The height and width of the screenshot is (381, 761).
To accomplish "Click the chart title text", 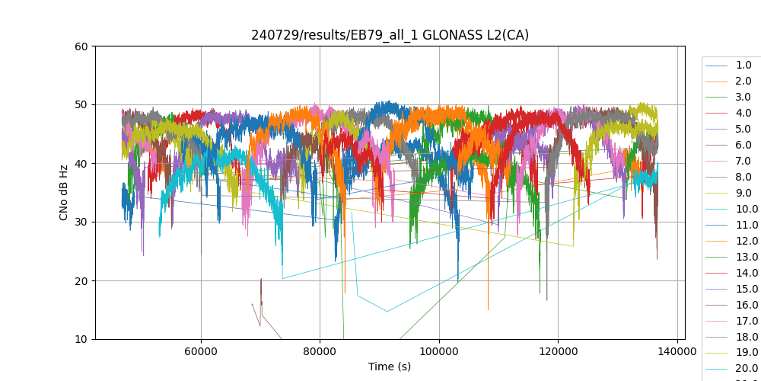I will (390, 35).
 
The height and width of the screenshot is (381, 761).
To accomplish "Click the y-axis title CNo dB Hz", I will (64, 193).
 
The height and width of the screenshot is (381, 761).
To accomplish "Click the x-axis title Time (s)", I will (390, 367).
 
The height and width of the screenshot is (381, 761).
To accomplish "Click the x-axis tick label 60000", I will (201, 351).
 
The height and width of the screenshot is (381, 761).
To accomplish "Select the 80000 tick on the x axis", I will (320, 351).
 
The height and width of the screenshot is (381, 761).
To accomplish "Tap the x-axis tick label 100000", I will (439, 351).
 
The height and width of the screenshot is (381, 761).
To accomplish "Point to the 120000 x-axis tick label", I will (558, 351).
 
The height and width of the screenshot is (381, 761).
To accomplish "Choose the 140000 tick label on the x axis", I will (677, 351).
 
